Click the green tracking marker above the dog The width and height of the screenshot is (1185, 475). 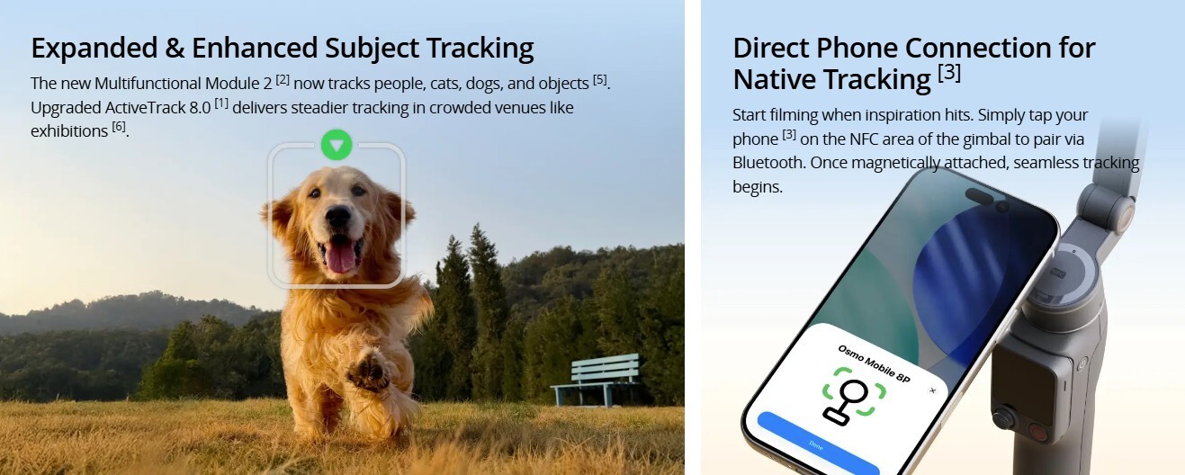coord(337,145)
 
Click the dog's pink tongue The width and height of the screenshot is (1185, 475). coord(340,256)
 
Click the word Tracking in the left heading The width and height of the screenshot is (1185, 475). coord(480,49)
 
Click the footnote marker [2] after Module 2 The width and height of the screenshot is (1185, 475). coord(283,80)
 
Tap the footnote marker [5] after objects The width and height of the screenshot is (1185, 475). coord(600,80)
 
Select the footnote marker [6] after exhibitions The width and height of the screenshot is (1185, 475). coord(119,127)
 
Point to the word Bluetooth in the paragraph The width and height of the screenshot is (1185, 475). coord(768,163)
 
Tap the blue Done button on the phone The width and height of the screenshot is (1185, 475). coord(817,445)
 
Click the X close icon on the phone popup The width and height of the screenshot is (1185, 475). coord(933,390)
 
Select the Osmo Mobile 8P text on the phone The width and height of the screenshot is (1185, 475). coord(874,363)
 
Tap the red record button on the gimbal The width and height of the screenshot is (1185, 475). coord(1038,433)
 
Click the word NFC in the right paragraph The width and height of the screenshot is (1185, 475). coord(865,139)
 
